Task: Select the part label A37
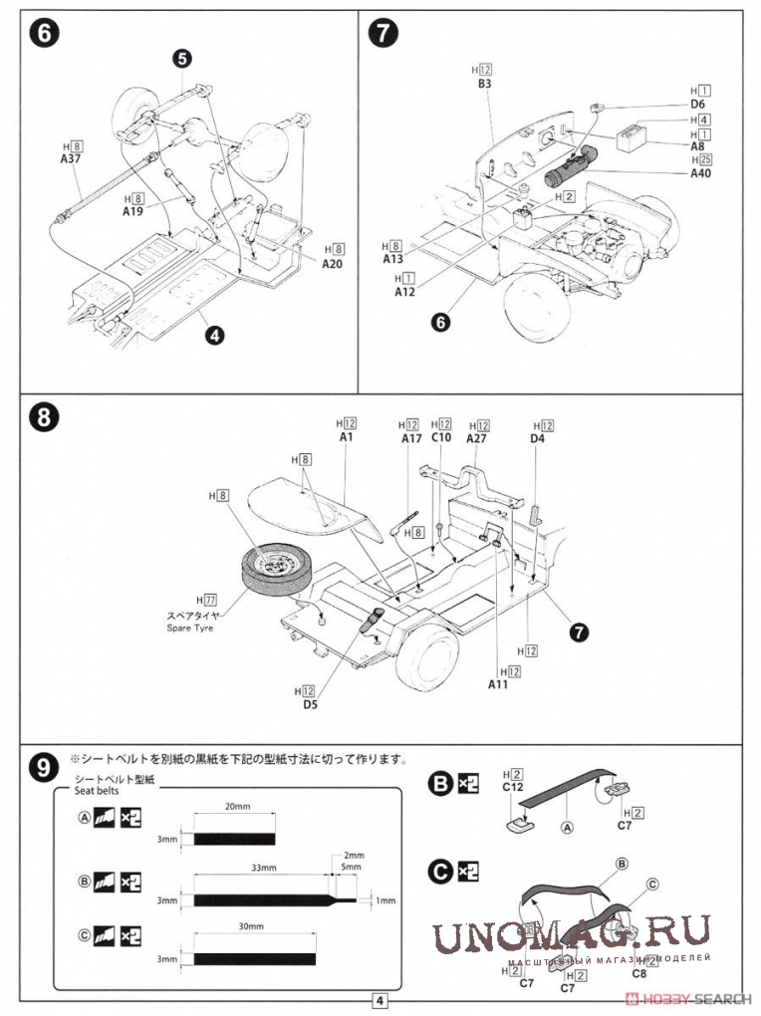71,157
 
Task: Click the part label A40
701,172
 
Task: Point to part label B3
484,84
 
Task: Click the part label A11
499,684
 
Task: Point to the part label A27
477,438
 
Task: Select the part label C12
514,786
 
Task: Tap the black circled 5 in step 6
181,59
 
